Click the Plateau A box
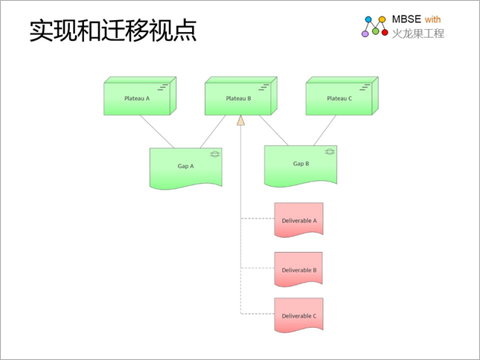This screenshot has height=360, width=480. pos(140,96)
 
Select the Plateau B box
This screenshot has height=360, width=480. pos(241,96)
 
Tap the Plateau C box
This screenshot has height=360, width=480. pos(342,96)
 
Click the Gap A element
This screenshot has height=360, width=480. pos(186,169)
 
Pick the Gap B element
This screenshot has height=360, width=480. pos(301,166)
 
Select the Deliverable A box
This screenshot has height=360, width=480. pos(298,220)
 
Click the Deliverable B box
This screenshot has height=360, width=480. pos(298,269)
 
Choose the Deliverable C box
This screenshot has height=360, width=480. pos(298,315)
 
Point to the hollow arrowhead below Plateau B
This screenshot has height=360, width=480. pos(241,120)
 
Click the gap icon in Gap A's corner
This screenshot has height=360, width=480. pos(215,154)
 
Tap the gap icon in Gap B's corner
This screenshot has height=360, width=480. pos(330,152)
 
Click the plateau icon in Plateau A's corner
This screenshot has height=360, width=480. pos(163,87)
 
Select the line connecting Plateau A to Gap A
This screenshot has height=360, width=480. pos(157,132)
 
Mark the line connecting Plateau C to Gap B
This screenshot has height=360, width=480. pos(324,130)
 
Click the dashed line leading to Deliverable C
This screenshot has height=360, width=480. pos(257,313)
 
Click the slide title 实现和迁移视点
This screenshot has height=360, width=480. pos(113,30)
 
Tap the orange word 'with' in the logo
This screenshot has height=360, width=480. pos(433,19)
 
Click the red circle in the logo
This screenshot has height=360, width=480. pos(385,32)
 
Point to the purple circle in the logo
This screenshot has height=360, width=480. pos(365,33)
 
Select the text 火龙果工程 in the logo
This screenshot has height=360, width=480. pos(418,33)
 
